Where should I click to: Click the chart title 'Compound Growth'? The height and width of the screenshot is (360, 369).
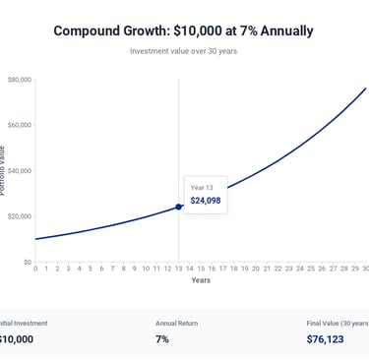tap(183, 30)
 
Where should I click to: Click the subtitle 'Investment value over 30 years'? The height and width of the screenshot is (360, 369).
tap(183, 50)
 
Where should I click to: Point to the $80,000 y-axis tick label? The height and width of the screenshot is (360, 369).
tap(19, 80)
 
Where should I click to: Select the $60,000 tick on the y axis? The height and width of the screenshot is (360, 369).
tap(19, 125)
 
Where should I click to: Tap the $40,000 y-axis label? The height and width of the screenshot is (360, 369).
tap(19, 171)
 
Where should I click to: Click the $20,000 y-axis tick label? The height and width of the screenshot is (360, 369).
tap(19, 216)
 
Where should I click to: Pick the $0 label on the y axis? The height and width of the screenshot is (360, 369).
tap(27, 262)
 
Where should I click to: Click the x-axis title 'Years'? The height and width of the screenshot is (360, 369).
tap(201, 280)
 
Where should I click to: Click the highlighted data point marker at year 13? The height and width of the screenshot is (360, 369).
tap(178, 207)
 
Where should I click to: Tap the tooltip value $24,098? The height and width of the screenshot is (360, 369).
tap(206, 201)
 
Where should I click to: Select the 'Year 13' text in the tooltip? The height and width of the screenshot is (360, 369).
tap(201, 187)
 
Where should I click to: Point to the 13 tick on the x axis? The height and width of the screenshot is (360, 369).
tap(178, 269)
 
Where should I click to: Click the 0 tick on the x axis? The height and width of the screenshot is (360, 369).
tap(35, 269)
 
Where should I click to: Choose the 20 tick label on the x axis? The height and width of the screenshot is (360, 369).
tap(256, 269)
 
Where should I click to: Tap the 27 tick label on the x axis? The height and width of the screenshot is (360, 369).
tap(333, 269)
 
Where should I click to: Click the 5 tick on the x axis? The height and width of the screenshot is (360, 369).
tap(91, 269)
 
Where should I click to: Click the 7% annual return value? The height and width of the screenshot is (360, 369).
tap(162, 339)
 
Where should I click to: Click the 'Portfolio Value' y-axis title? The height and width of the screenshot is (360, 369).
tap(3, 170)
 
